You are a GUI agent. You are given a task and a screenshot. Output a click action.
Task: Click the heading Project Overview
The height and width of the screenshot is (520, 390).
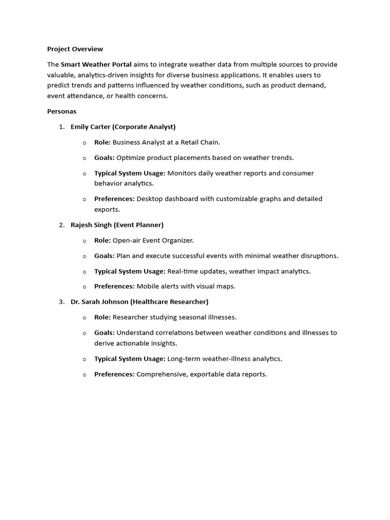75,49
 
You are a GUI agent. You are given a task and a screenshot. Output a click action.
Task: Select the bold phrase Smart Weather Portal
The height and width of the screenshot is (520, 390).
96,64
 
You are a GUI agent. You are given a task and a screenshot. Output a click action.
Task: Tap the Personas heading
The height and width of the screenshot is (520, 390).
61,111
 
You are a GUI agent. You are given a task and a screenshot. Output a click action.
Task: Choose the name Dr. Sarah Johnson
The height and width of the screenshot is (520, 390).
99,302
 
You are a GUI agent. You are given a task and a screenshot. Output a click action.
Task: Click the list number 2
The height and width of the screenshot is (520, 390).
61,224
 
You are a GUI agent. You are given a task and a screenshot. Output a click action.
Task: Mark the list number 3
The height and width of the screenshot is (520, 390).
61,302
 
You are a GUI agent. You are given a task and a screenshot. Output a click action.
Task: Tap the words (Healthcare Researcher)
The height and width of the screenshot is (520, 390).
169,302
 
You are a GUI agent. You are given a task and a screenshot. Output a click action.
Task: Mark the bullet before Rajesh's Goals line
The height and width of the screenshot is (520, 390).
84,256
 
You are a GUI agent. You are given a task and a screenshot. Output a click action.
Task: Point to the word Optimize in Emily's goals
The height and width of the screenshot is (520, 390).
132,158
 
